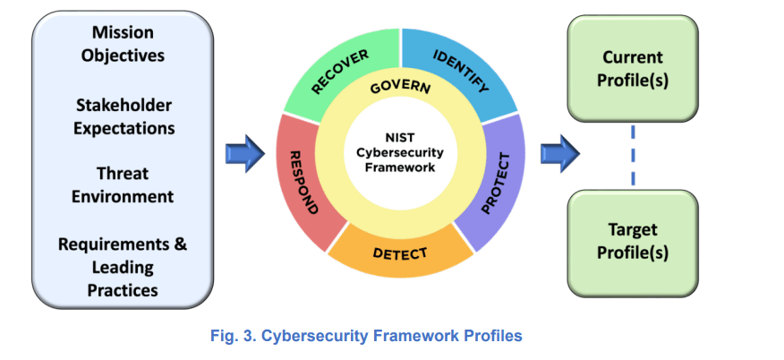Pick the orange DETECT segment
[x=400, y=253]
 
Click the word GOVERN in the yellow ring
[x=400, y=88]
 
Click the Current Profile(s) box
[x=633, y=69]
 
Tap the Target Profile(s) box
[x=633, y=241]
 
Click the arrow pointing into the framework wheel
[x=243, y=153]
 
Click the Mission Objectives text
[x=124, y=44]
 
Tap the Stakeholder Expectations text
[x=124, y=117]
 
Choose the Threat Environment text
[x=124, y=184]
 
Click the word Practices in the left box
[x=124, y=289]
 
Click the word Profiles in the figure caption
[x=491, y=336]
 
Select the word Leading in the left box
[x=124, y=267]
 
